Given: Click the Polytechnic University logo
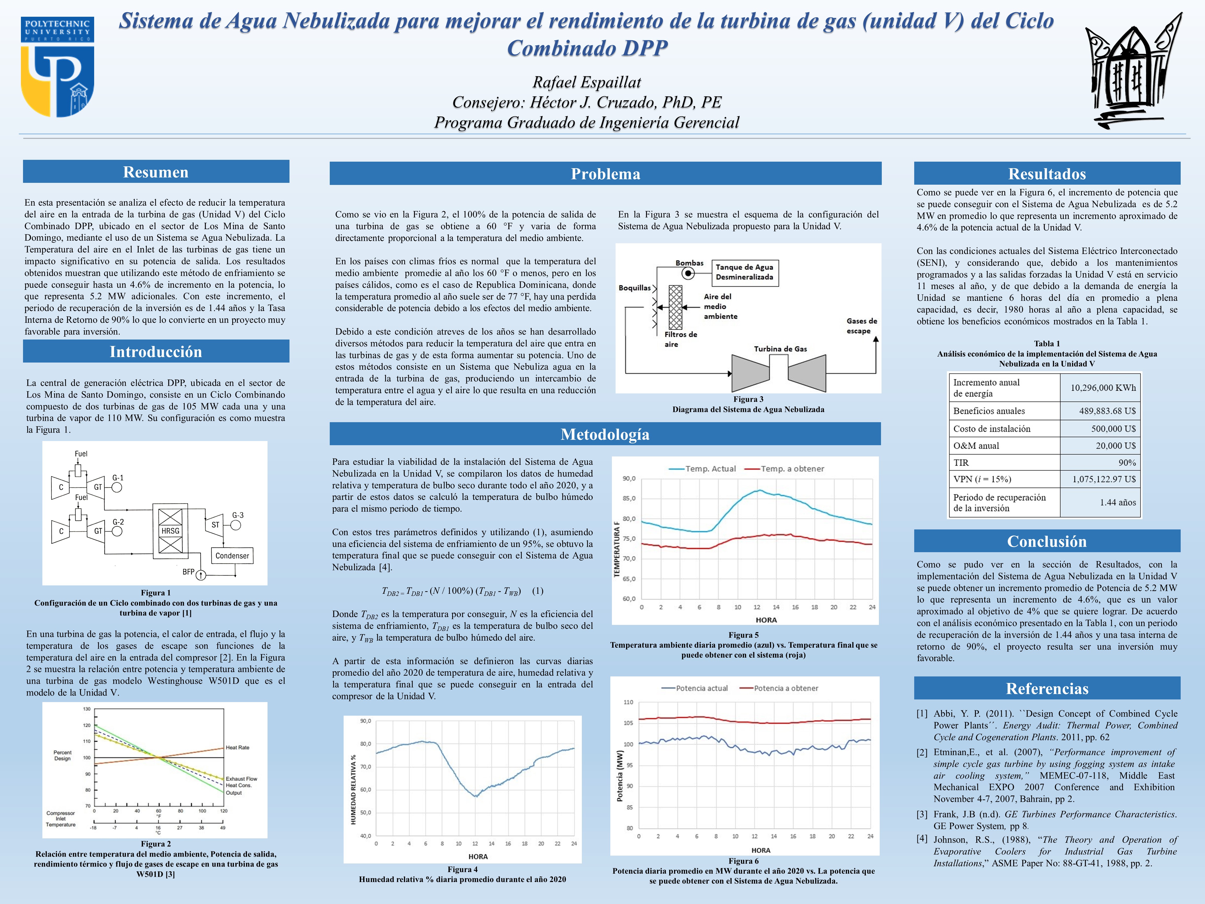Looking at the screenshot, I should [x=57, y=66].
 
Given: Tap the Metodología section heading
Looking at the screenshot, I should [x=605, y=434].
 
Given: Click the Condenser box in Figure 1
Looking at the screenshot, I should [x=232, y=556].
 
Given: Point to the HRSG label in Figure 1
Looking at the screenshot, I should [x=170, y=531].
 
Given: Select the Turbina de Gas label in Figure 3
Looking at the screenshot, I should [x=780, y=349].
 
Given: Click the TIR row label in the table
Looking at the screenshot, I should [x=961, y=463].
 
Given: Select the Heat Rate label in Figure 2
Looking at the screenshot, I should [x=237, y=748].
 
